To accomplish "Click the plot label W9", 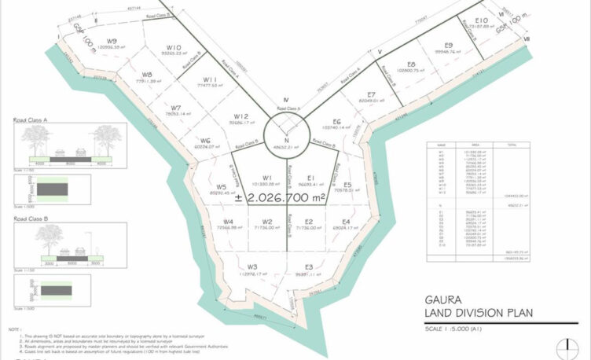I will coord(112,41).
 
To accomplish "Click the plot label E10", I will coord(482,20).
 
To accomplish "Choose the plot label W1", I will coord(267,178).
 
